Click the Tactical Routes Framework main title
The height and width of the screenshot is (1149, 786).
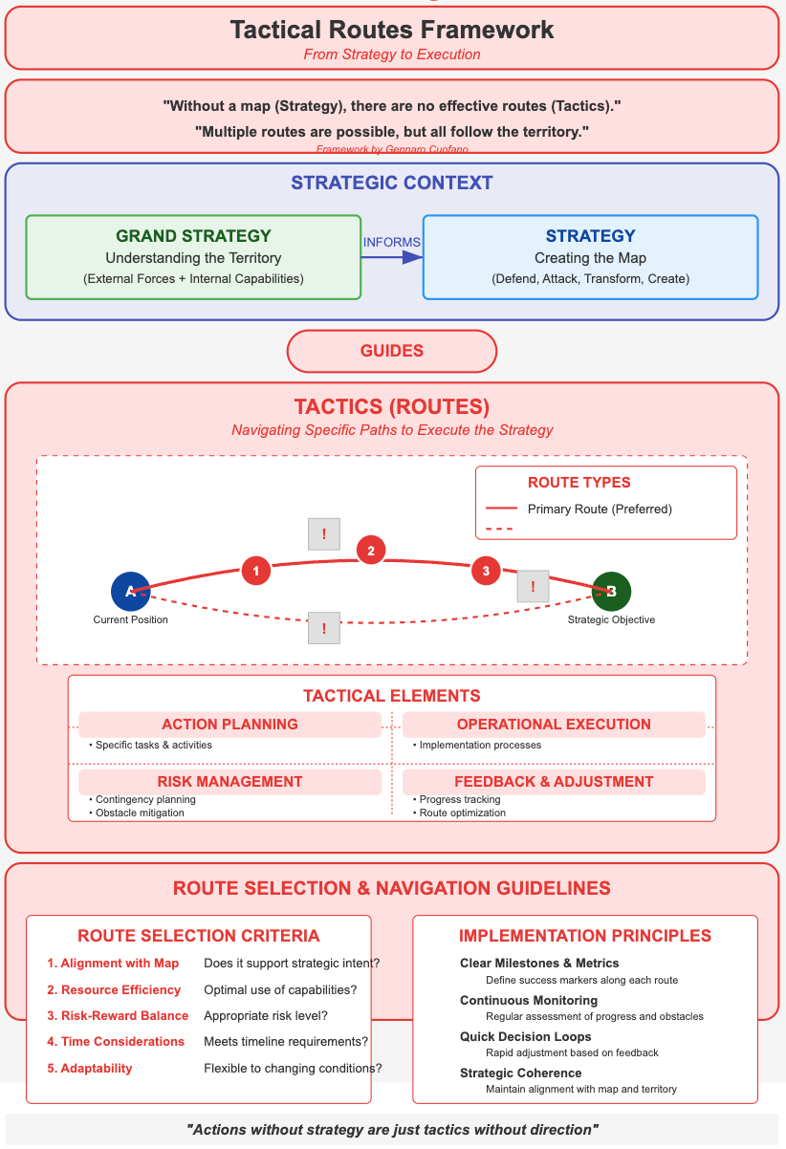click(x=392, y=30)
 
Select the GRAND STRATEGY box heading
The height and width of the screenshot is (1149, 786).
click(x=193, y=236)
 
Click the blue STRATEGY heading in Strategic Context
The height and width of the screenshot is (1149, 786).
click(x=590, y=236)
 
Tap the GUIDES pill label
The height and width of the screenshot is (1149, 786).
click(x=392, y=351)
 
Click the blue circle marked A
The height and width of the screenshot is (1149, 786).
click(x=130, y=592)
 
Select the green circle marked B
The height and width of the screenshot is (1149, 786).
click(x=611, y=592)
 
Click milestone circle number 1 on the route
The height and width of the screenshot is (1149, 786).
click(x=255, y=571)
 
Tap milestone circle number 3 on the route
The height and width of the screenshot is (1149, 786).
click(x=486, y=571)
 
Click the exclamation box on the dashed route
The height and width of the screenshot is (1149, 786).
click(x=324, y=628)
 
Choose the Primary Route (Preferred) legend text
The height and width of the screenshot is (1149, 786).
click(x=600, y=509)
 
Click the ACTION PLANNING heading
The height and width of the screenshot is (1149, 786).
click(x=229, y=725)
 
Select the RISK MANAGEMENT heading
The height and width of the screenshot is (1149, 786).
click(x=229, y=782)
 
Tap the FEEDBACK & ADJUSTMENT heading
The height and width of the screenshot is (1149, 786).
click(x=554, y=782)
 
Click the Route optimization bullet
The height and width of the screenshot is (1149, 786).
click(x=463, y=813)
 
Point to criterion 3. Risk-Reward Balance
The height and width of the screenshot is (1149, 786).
click(x=118, y=1015)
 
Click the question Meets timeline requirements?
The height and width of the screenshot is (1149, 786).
click(x=286, y=1041)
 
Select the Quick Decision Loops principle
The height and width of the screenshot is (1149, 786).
click(x=525, y=1036)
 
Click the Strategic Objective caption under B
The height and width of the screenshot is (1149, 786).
click(x=611, y=619)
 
